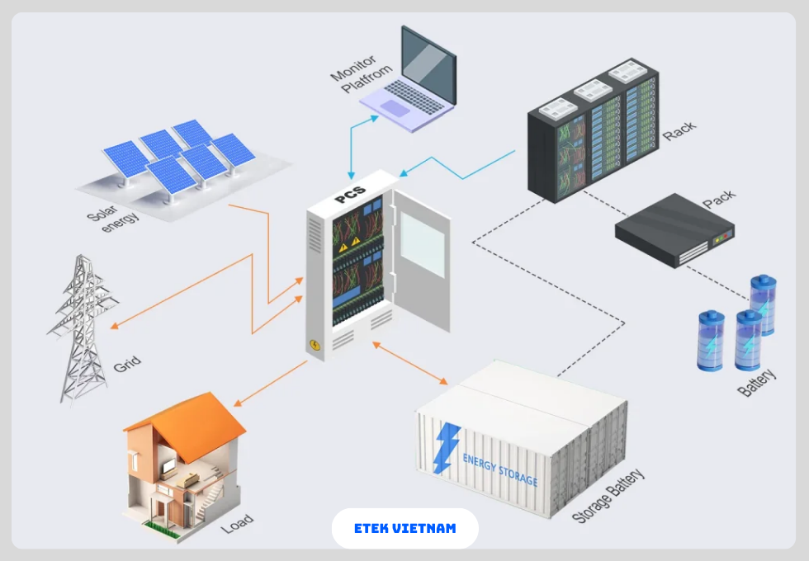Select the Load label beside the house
237,522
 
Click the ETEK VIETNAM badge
404,528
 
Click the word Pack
718,200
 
